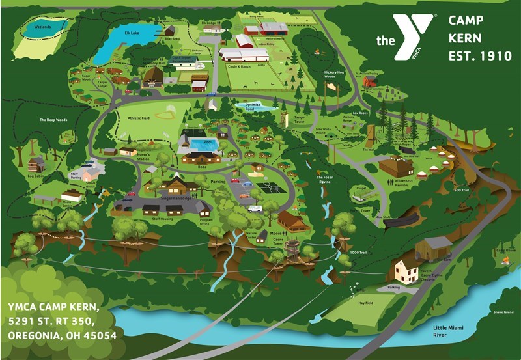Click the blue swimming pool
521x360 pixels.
[x=201, y=144]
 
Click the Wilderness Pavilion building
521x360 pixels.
[x=396, y=167]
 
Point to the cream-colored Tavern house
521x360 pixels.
[x=406, y=271]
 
